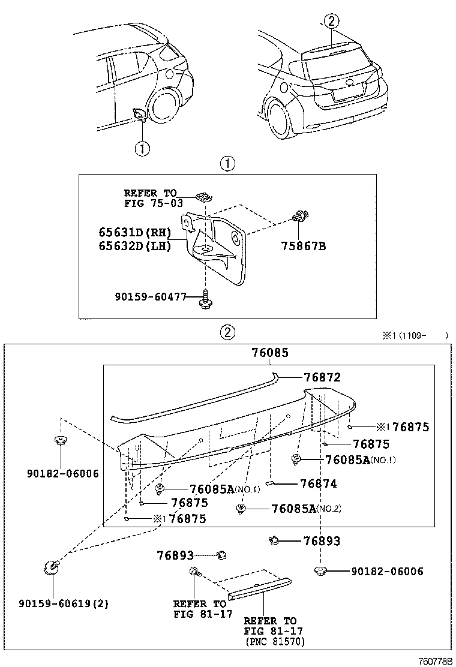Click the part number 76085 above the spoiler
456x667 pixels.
click(x=269, y=353)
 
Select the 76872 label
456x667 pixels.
click(x=322, y=377)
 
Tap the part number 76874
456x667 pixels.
click(x=318, y=483)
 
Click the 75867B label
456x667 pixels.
click(x=303, y=245)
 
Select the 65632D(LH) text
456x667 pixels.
click(x=135, y=245)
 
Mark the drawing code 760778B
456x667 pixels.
click(x=435, y=660)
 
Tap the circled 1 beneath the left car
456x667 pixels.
click(x=142, y=148)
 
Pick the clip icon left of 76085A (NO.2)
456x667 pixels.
click(x=241, y=509)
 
